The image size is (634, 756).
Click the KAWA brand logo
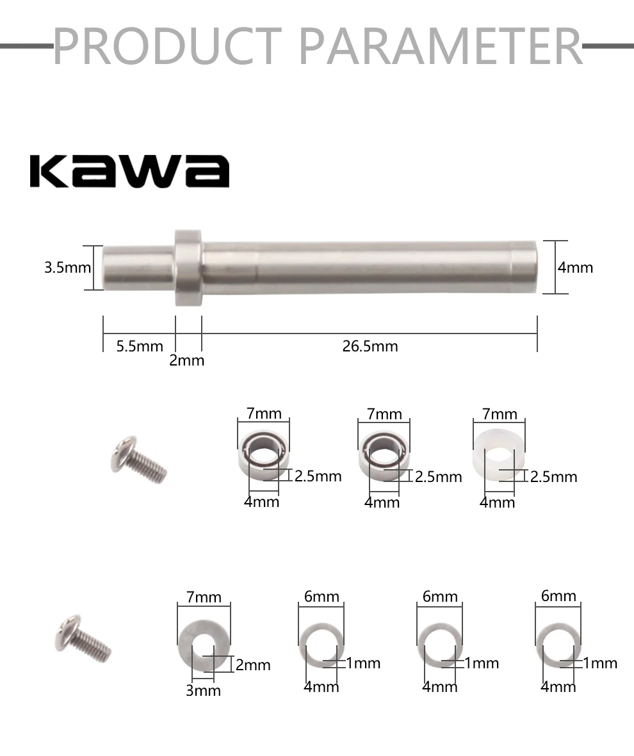(129, 171)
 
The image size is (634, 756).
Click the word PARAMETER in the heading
(441, 46)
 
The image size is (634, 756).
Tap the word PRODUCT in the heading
(167, 46)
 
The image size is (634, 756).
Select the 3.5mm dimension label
(67, 268)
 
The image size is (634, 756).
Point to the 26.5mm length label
(370, 346)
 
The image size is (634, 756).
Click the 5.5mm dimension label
(140, 346)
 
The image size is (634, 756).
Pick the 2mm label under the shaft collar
(187, 360)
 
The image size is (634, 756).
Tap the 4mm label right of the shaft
(576, 268)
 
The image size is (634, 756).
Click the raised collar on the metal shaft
(188, 268)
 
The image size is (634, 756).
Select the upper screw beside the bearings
(138, 460)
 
